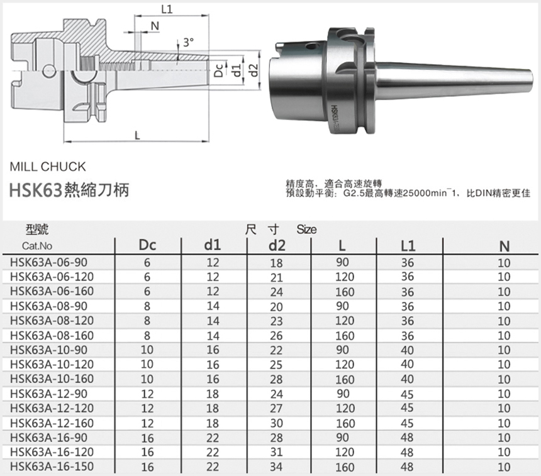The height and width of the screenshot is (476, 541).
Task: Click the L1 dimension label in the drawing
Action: [167, 9]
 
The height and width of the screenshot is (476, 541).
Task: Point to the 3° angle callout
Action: [188, 42]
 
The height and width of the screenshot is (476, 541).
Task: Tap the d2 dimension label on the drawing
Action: [254, 70]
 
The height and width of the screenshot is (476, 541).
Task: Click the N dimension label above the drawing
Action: [155, 26]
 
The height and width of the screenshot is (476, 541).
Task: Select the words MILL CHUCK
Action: [48, 167]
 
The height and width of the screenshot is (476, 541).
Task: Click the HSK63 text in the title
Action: [35, 190]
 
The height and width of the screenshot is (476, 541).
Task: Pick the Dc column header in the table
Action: [147, 245]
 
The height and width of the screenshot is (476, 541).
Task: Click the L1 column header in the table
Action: [408, 246]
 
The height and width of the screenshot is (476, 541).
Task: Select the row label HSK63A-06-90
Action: [48, 262]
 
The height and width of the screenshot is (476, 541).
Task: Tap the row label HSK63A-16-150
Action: [52, 467]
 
